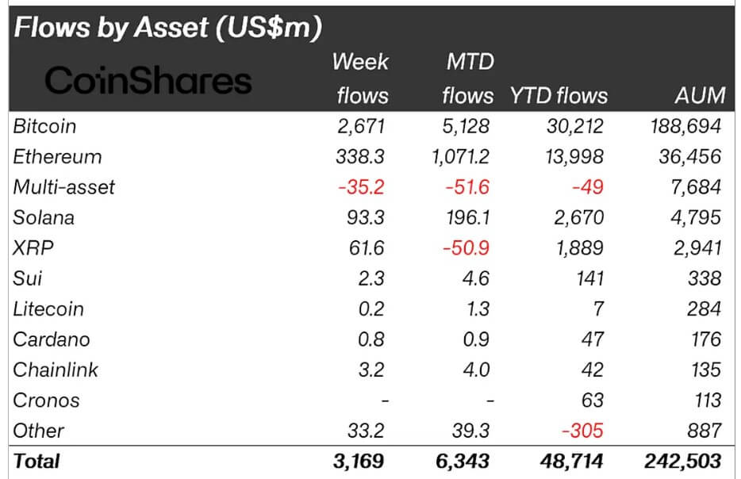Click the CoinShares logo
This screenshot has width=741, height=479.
(148, 80)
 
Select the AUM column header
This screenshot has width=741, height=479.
(699, 96)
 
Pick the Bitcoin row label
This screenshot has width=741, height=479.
(44, 126)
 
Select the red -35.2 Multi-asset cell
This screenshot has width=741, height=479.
(361, 187)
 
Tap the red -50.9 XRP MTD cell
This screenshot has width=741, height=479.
(466, 248)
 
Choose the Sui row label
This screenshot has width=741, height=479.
(28, 278)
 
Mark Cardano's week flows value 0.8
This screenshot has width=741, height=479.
(370, 339)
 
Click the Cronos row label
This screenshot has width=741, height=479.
(46, 400)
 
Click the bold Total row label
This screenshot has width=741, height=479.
(36, 461)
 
